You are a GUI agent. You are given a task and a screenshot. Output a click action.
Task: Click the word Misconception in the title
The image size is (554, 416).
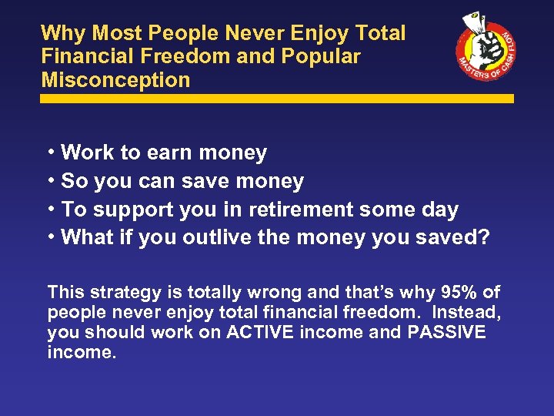(115, 79)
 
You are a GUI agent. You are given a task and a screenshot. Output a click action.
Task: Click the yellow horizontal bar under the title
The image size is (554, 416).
(277, 99)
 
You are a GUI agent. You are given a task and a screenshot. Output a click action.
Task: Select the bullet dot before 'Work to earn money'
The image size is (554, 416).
(51, 153)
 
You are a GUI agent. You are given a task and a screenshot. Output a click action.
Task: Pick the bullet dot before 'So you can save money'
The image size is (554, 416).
(51, 181)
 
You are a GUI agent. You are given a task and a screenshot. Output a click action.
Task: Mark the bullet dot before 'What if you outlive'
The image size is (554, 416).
(51, 237)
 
